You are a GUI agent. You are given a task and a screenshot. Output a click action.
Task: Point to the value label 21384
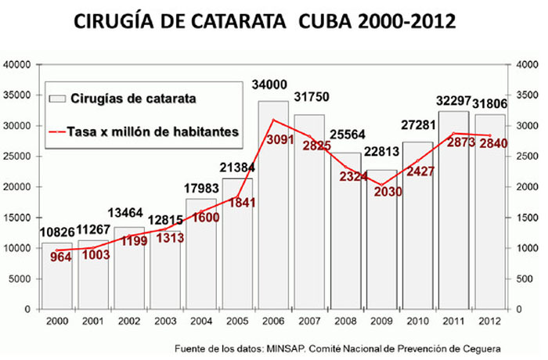click(236, 168)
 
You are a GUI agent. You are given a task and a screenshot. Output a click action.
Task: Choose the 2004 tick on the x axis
click(200, 321)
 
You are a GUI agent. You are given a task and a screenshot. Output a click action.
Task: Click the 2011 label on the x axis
click(453, 321)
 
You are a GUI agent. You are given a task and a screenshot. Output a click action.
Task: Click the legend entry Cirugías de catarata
click(128, 99)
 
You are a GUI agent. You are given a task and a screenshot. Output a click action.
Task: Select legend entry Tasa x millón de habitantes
click(153, 131)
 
